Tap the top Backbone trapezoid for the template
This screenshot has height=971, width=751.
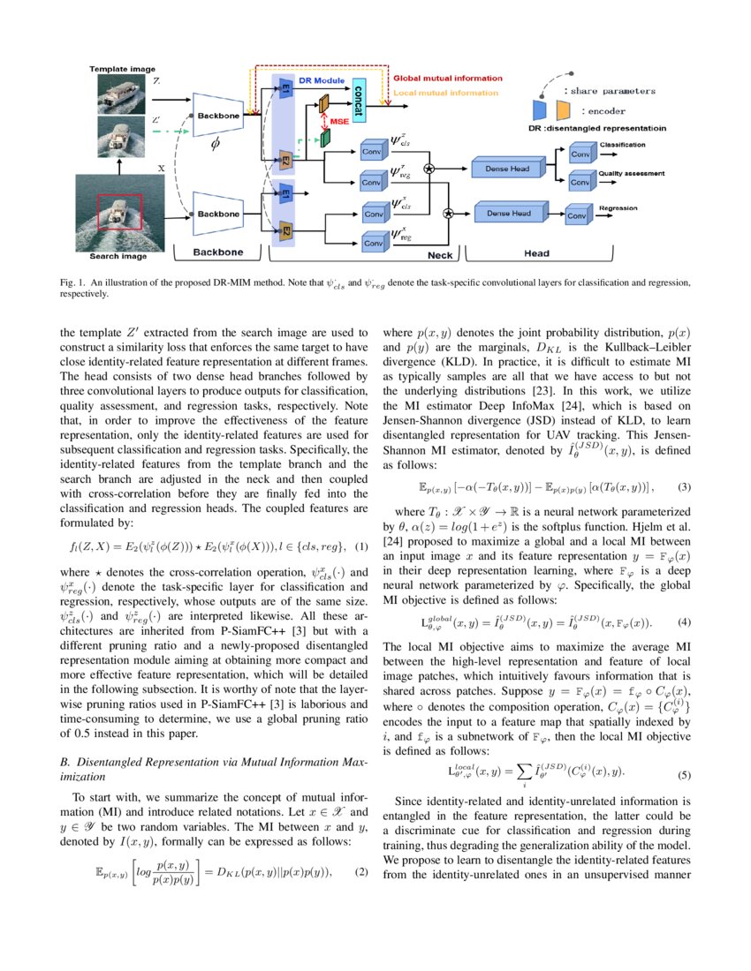[x=217, y=116]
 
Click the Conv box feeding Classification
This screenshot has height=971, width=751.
[x=580, y=154]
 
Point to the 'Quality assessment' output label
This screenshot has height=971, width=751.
[x=631, y=174]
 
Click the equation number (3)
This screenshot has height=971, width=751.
[x=683, y=487]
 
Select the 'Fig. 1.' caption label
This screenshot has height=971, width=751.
[x=74, y=282]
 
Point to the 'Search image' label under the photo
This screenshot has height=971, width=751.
[x=118, y=257]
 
